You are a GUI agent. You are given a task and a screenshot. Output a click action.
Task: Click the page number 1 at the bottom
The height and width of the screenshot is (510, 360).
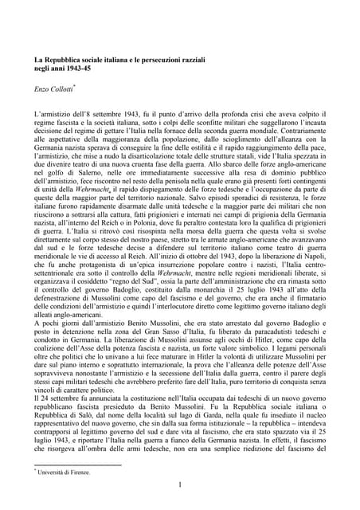181,484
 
